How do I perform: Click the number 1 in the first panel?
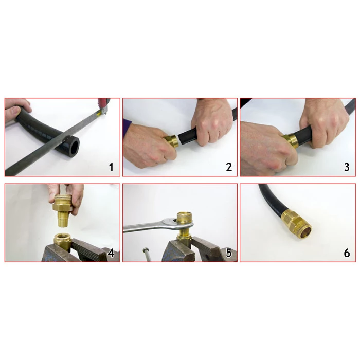click(x=112, y=167)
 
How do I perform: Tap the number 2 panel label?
click(x=229, y=167)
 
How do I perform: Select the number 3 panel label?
click(x=347, y=167)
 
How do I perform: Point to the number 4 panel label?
click(x=111, y=253)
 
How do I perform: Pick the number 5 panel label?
click(x=229, y=253)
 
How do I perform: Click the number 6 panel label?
click(x=347, y=253)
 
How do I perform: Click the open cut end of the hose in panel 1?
click(x=73, y=147)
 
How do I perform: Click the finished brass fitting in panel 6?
click(x=297, y=224)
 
